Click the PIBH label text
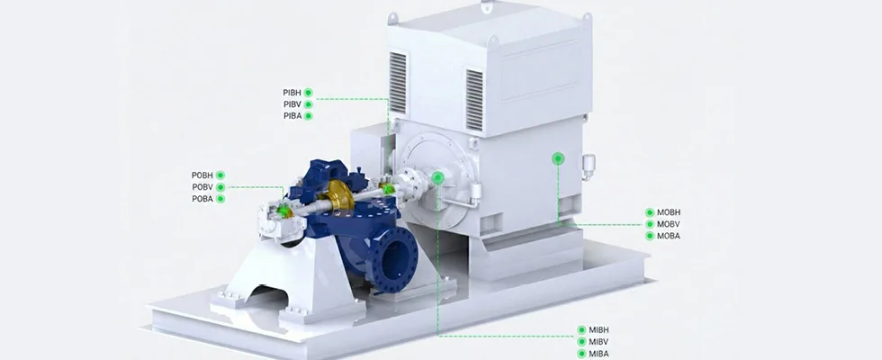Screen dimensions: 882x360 pyautogui.click(x=292, y=93)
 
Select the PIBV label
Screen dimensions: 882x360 pyautogui.click(x=292, y=104)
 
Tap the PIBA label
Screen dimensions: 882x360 pyautogui.click(x=292, y=116)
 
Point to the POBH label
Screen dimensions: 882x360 pyautogui.click(x=202, y=175)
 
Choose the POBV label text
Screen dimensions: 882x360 pyautogui.click(x=202, y=187)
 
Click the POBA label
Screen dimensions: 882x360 pyautogui.click(x=202, y=199)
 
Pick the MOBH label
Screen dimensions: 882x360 pyautogui.click(x=669, y=212)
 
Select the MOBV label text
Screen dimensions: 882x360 pyautogui.click(x=669, y=224)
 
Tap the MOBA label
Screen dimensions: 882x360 pyautogui.click(x=669, y=236)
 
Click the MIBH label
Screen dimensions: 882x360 pyautogui.click(x=599, y=330)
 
